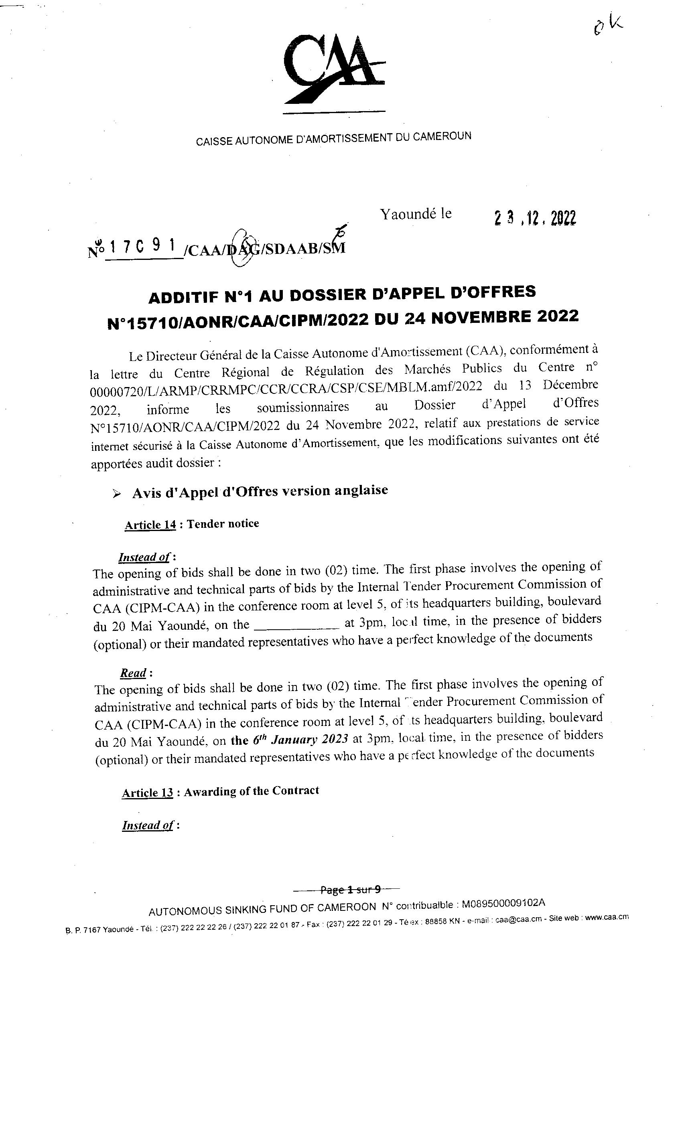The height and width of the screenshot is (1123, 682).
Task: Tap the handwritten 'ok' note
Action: pos(608,25)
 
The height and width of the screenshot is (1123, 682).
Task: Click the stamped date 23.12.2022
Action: pos(535,218)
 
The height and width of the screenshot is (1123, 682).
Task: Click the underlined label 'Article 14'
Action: pos(150,525)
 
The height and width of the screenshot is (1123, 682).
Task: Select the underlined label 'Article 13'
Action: pos(147,793)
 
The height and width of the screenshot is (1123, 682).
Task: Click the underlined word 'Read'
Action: pos(133,673)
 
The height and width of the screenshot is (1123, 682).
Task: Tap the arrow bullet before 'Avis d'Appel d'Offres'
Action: pos(117,494)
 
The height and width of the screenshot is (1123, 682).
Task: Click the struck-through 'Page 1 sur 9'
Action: pos(351,889)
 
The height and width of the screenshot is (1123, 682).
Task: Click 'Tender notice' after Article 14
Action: pos(223,524)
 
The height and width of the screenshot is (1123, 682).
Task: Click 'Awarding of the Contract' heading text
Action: pos(251,791)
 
